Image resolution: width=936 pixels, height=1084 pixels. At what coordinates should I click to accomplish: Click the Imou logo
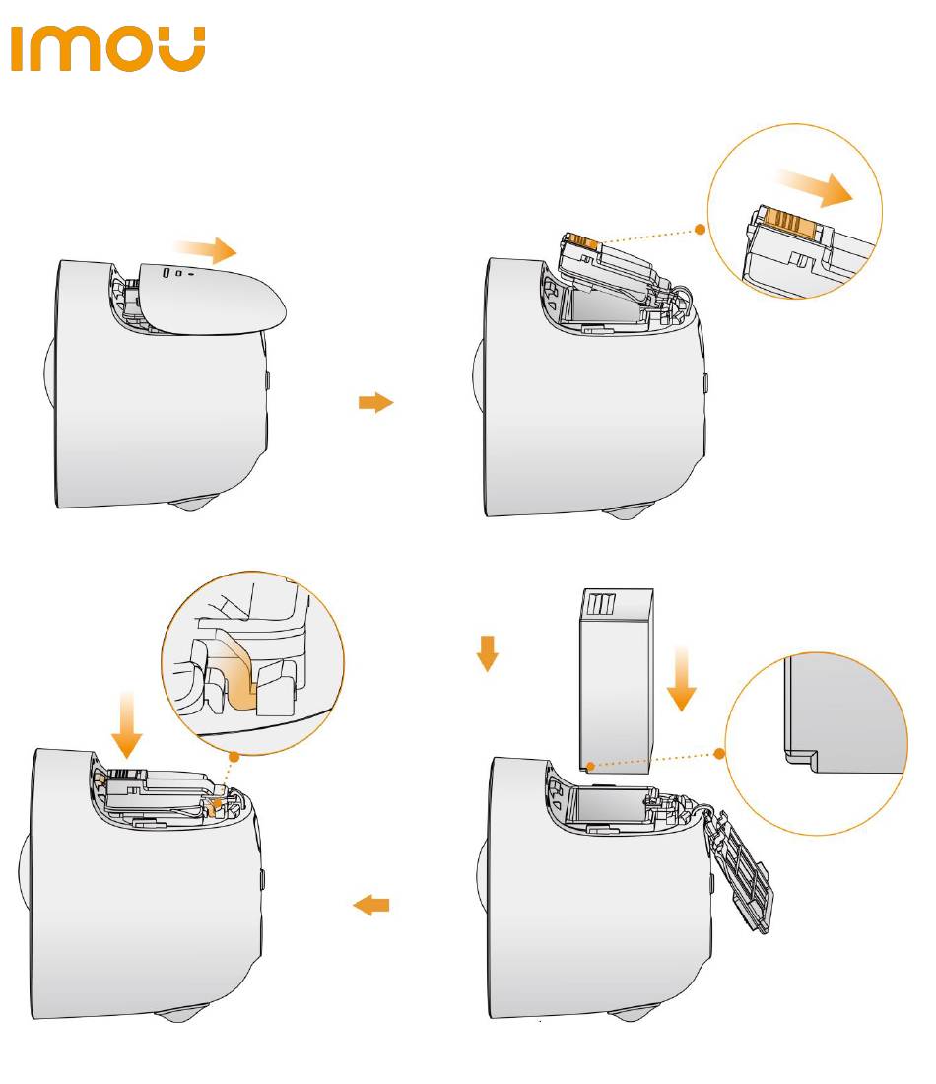[x=107, y=49]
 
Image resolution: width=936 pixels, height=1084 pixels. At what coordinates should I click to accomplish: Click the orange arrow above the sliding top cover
[x=205, y=247]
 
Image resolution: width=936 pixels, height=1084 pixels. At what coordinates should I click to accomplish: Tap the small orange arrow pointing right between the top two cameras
[x=374, y=402]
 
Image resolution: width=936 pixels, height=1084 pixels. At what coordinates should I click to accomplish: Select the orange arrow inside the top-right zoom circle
[x=814, y=188]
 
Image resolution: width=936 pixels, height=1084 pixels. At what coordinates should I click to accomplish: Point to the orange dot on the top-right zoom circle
[x=700, y=229]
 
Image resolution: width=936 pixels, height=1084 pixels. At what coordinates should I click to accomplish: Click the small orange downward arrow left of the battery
[x=485, y=651]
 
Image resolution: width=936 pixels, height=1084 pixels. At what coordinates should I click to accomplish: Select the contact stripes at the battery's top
[x=601, y=603]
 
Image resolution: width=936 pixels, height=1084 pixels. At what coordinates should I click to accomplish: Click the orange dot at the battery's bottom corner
[x=588, y=765]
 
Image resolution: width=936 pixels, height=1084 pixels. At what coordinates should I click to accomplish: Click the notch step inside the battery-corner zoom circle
[x=800, y=758]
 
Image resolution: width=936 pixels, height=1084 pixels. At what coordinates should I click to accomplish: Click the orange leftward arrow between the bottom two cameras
[x=371, y=905]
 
